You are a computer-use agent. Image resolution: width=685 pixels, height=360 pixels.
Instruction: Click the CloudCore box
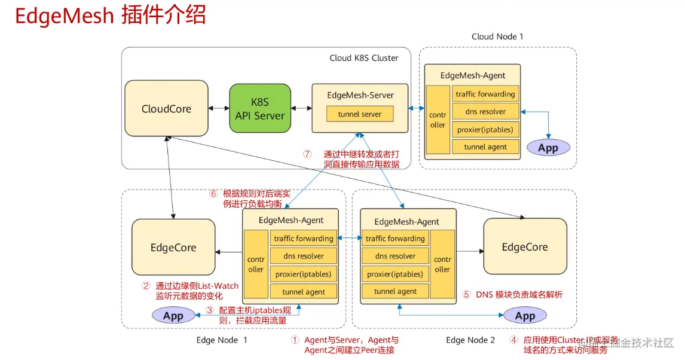point(166,109)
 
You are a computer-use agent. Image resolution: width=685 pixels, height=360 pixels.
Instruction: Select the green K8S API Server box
point(260,109)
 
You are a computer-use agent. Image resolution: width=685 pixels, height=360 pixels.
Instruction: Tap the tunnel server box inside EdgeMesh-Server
point(359,114)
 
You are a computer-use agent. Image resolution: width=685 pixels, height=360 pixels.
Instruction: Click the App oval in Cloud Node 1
point(548,148)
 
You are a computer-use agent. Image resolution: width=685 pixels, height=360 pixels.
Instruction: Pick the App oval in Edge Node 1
point(173,315)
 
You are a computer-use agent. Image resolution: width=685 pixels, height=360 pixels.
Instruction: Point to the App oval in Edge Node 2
point(525,315)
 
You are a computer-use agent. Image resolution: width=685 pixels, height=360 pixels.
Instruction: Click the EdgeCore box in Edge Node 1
point(173,248)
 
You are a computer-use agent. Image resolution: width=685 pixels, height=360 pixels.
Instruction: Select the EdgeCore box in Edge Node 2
point(524,246)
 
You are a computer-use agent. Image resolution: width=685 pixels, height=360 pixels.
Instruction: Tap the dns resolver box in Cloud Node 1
point(485,111)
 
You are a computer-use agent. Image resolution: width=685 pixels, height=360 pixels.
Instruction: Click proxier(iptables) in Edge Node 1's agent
point(303,274)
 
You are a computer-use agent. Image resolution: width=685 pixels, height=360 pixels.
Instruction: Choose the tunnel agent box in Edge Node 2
point(395,291)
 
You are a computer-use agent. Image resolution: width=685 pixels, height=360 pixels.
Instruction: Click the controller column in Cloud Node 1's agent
point(438,120)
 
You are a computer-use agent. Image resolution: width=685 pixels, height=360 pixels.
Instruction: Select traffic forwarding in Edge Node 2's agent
point(395,239)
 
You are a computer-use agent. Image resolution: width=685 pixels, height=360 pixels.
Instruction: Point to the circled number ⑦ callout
point(307,154)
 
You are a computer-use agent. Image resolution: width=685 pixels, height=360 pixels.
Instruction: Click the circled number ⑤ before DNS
point(467,295)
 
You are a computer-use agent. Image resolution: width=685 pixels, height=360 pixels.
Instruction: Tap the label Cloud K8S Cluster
point(363,58)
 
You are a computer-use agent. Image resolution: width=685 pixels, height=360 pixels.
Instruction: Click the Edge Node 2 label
point(470,340)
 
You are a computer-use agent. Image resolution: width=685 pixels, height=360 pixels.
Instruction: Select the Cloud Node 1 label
point(497,36)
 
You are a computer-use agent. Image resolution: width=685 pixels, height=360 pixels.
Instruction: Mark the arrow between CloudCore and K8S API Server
point(219,109)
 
